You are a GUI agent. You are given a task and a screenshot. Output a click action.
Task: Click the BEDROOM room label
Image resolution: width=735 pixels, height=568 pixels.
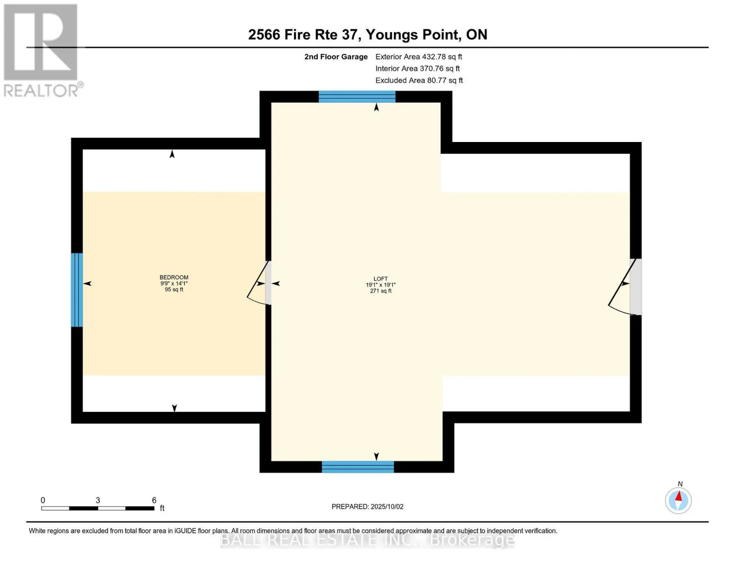click(174, 277)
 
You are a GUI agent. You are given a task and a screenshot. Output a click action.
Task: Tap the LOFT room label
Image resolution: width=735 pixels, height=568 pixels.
click(381, 279)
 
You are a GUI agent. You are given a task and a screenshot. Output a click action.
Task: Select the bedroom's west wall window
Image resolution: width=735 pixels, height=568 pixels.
click(77, 290)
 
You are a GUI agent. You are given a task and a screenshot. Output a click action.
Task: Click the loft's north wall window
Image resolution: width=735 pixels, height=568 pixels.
click(357, 97)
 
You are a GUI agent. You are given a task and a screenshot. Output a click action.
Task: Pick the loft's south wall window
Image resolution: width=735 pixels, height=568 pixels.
click(358, 467)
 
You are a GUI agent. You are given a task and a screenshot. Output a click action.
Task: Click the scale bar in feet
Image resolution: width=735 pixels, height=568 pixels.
click(97, 508)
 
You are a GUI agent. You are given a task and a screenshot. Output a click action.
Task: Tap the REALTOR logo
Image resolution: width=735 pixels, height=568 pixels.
click(42, 50)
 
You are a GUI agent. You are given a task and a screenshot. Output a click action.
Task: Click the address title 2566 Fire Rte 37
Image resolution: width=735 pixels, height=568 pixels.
click(367, 35)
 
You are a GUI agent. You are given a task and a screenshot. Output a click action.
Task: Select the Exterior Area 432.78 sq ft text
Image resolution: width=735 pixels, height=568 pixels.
click(418, 57)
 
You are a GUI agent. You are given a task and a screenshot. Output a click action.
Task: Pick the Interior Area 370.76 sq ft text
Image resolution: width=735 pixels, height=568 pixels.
click(417, 69)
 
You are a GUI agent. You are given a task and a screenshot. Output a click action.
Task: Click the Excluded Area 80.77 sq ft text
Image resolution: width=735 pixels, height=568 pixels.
click(419, 80)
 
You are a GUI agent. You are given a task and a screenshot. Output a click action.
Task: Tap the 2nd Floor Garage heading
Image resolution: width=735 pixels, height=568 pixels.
click(336, 57)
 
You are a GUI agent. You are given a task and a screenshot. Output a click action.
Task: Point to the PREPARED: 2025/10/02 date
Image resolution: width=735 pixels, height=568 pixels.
click(367, 506)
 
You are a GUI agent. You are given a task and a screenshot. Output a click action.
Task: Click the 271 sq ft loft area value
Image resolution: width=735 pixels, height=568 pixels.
click(381, 291)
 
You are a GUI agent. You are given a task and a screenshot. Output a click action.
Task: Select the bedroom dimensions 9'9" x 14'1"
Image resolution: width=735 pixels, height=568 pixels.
click(174, 284)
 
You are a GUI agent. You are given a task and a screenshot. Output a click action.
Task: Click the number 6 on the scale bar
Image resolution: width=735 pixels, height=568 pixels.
click(154, 500)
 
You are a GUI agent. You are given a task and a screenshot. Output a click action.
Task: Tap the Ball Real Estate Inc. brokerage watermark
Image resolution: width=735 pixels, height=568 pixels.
click(367, 540)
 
